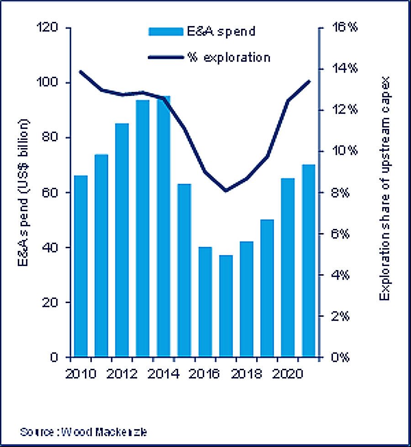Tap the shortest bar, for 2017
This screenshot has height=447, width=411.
pos(225,306)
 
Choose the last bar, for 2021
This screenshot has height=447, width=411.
pos(309,261)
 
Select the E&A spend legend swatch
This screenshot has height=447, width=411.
pos(166,32)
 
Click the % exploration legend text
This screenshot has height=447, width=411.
pos(228,58)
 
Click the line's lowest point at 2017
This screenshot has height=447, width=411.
pos(226,190)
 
